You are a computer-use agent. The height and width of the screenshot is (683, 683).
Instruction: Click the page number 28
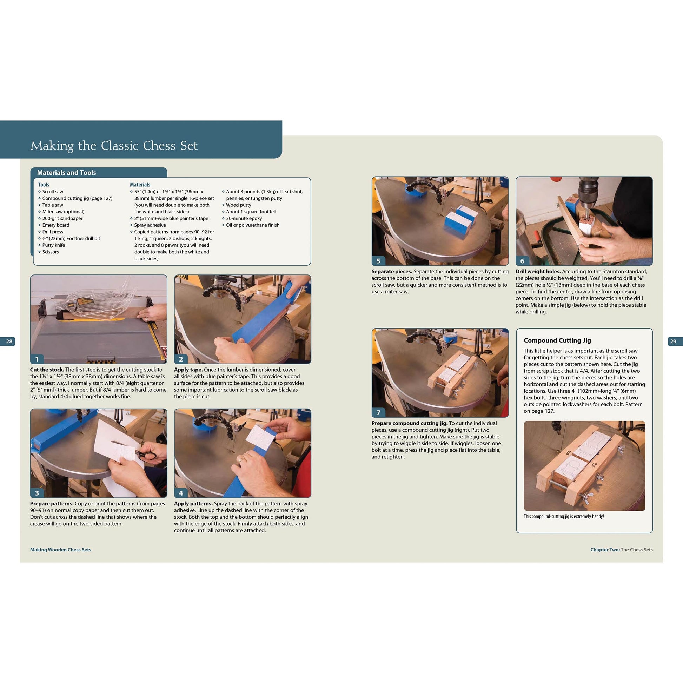(9, 341)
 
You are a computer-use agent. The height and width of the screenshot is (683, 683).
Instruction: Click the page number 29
(673, 341)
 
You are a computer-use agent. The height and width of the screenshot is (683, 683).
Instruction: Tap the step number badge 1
(37, 359)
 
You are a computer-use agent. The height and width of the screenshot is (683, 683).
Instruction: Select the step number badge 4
(181, 493)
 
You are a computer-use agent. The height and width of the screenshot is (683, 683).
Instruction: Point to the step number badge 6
(522, 260)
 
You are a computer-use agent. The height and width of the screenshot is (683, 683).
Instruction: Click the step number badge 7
(378, 412)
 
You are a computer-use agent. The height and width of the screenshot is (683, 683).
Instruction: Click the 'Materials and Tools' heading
(66, 173)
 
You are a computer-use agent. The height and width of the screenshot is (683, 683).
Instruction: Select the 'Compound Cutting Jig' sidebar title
(557, 340)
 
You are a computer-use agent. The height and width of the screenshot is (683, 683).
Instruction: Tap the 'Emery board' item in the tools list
(56, 225)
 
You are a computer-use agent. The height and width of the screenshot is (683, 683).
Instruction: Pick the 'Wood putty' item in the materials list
(239, 205)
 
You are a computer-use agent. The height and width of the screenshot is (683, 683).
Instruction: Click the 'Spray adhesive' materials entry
(150, 225)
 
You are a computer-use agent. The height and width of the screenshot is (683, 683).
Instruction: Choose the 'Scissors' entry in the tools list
(51, 252)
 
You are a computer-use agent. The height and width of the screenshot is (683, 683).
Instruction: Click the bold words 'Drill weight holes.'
(538, 272)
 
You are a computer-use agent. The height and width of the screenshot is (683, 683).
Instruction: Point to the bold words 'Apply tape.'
(188, 370)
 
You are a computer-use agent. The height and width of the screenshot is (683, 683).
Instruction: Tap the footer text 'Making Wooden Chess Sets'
(60, 549)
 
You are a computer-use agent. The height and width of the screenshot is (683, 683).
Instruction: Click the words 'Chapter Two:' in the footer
(604, 549)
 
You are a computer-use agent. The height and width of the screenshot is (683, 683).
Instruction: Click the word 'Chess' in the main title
(159, 146)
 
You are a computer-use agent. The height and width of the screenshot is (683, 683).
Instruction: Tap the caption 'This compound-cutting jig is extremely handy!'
(564, 517)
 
